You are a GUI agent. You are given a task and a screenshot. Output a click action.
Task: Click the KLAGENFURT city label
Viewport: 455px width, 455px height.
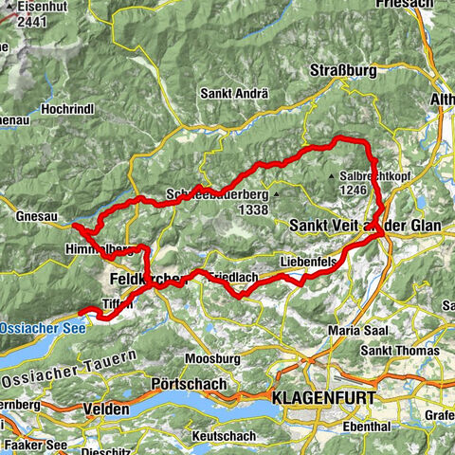323,397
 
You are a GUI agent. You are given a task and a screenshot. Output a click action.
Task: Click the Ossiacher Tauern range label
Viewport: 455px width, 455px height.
71,370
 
